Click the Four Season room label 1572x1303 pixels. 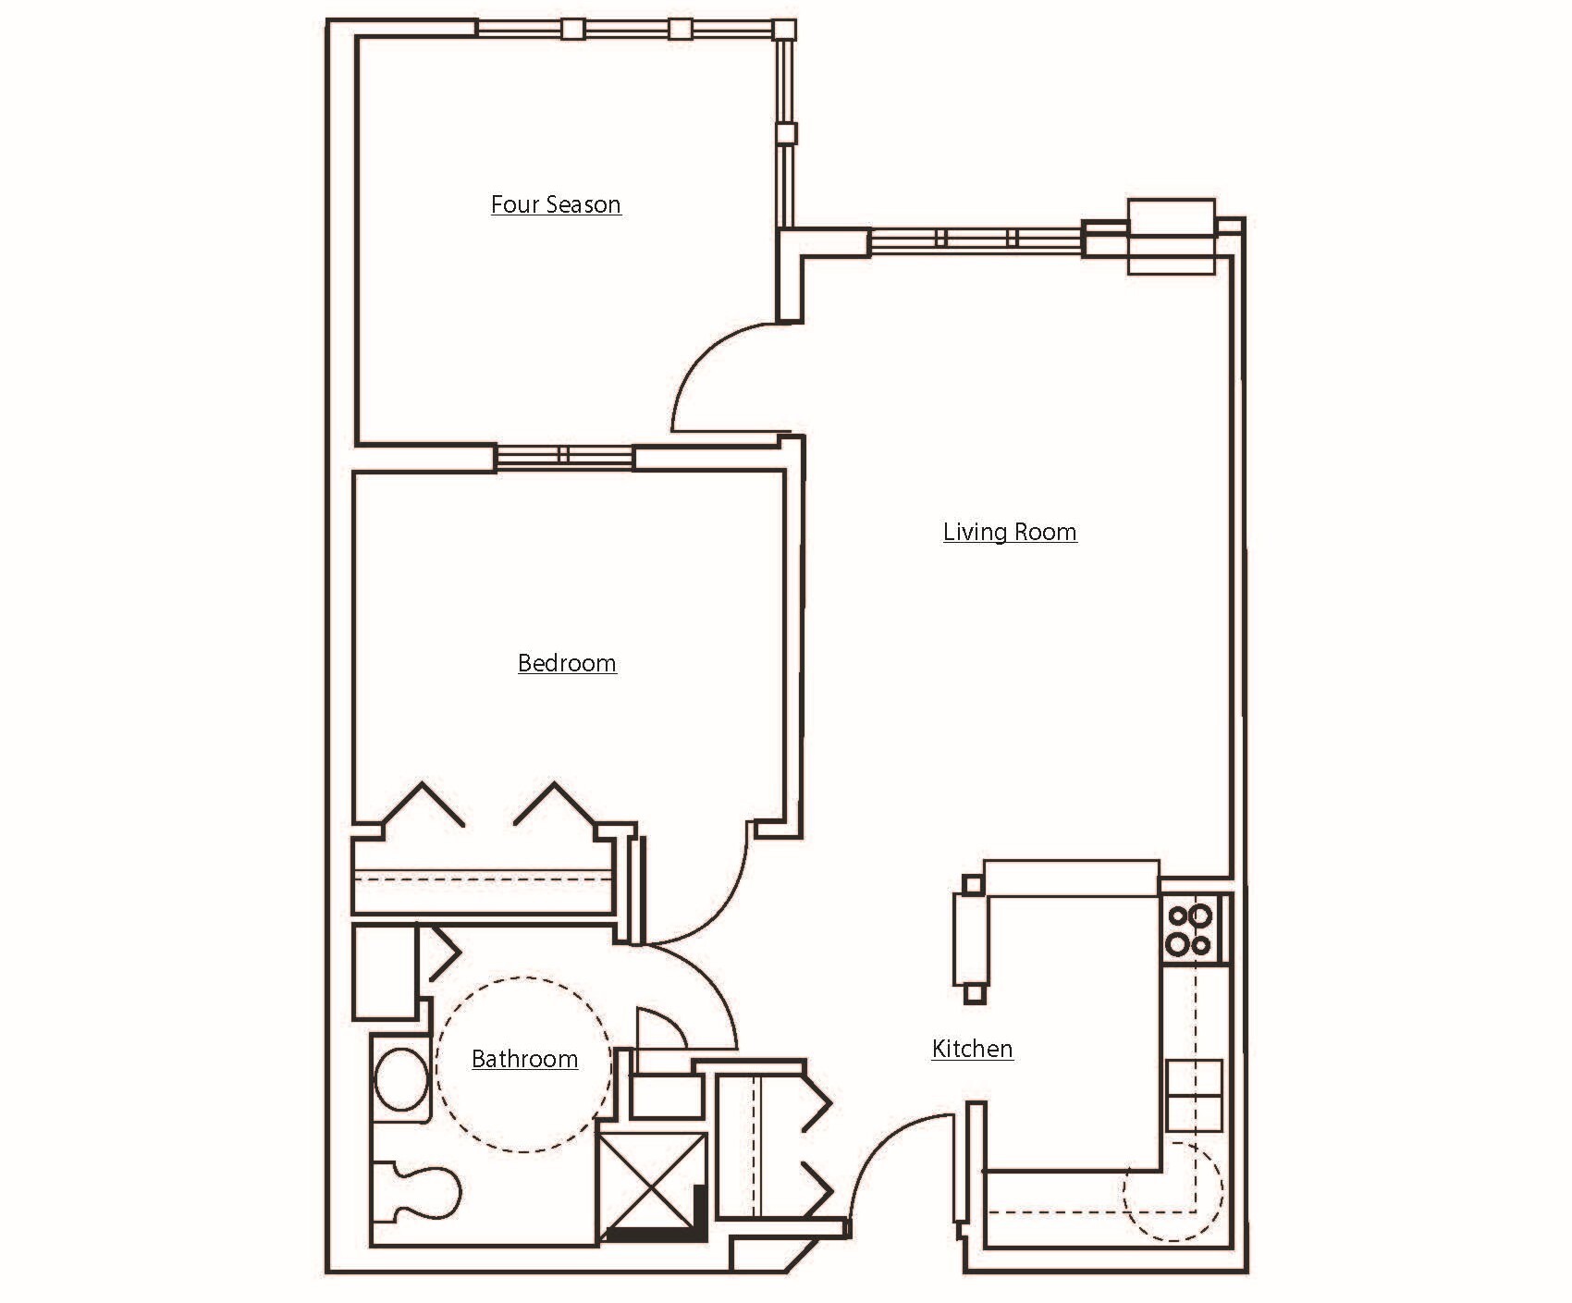pos(556,204)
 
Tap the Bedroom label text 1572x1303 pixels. pos(567,663)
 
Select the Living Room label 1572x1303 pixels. pos(1010,532)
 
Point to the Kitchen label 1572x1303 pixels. pos(972,1049)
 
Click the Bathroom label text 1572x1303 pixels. pos(524,1059)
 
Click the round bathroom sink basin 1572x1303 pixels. pos(399,1079)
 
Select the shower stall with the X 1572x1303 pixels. pos(652,1185)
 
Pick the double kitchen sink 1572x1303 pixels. pos(1194,1095)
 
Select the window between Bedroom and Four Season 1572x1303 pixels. pos(564,456)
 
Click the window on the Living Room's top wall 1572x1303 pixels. pos(976,239)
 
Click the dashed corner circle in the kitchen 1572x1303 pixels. pos(1173,1191)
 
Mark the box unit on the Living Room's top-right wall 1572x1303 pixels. pos(1171,237)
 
